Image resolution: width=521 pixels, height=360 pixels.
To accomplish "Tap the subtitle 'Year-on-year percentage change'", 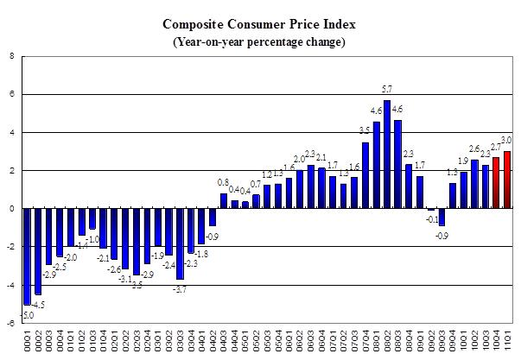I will tap(260, 42).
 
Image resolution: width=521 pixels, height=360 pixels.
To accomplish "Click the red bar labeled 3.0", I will tap(506, 180).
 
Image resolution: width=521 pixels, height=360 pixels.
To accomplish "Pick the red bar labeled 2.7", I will tap(495, 182).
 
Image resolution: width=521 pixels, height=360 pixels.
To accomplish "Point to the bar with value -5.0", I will tap(28, 256).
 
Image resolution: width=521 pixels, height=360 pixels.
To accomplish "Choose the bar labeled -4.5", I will tap(38, 251).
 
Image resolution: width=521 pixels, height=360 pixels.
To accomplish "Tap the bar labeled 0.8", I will tap(224, 200).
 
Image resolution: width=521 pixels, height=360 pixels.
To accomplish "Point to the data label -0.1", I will tap(430, 218).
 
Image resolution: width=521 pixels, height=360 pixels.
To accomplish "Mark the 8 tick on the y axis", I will tap(11, 56).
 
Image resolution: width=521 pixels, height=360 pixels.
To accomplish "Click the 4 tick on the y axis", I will tap(11, 132).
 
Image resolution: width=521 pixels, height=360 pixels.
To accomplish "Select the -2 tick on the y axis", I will tap(10, 247).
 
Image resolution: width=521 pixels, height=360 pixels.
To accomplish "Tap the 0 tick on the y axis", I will tap(11, 208).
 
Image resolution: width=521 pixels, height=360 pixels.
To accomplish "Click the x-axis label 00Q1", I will tap(28, 341).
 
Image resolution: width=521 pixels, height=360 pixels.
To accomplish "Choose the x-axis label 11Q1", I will tap(506, 341).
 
